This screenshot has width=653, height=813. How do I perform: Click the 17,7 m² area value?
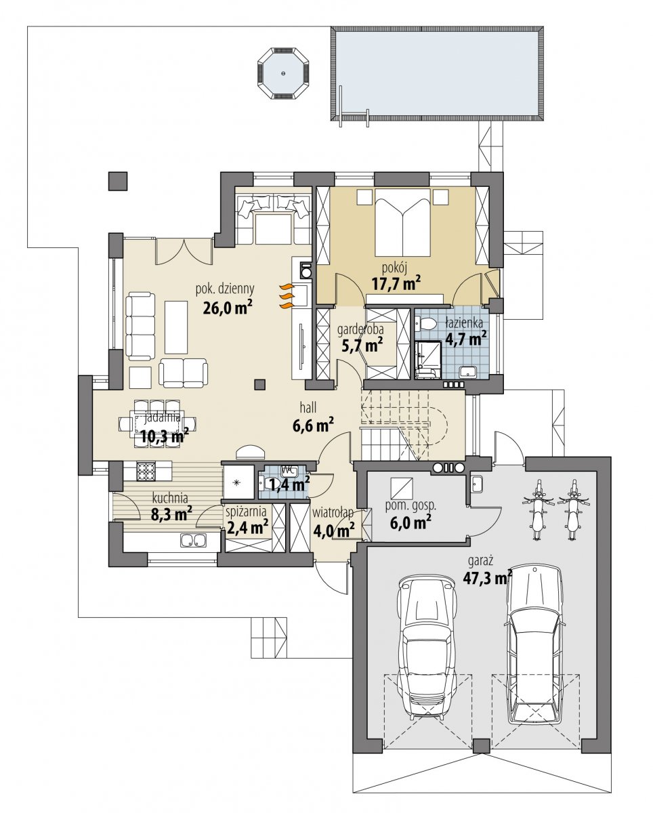(x=396, y=284)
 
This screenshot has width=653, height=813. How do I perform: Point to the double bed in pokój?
(x=402, y=222)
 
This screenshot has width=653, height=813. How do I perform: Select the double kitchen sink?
(x=193, y=540)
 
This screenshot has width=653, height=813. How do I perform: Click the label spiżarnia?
(x=246, y=512)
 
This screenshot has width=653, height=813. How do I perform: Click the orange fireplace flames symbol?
(x=286, y=297)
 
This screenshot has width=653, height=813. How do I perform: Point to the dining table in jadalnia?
(x=156, y=423)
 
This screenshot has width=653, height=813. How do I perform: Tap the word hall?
(x=308, y=408)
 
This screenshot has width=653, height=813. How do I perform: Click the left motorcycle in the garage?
(x=539, y=509)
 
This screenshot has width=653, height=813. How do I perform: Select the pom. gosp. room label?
(x=410, y=506)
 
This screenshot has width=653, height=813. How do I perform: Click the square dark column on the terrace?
(x=117, y=181)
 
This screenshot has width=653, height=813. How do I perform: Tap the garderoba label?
(x=360, y=330)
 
